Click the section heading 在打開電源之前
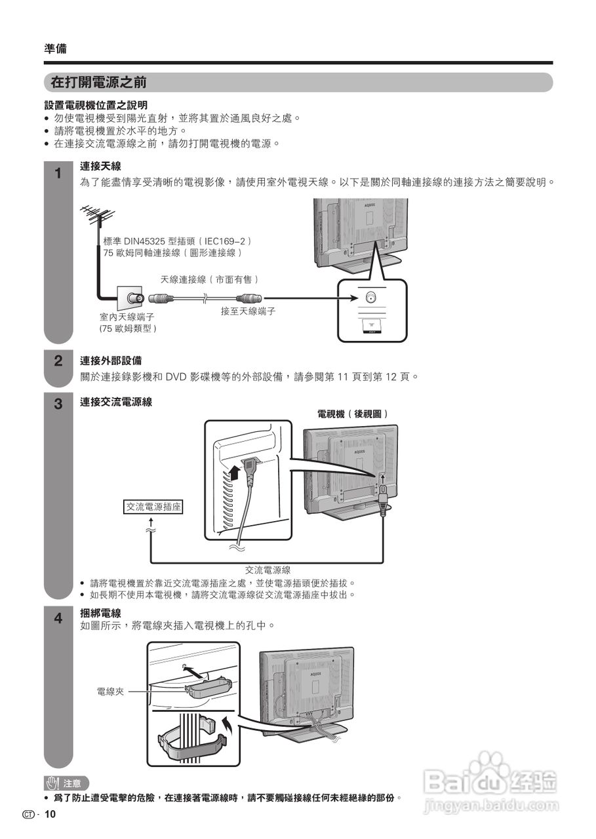tap(98, 83)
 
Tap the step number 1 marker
tap(58, 174)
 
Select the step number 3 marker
tap(58, 404)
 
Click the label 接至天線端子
tap(248, 311)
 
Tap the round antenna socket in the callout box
tap(371, 297)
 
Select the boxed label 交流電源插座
tap(153, 507)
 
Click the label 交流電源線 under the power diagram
tap(268, 570)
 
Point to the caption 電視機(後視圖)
tap(353, 414)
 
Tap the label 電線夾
tap(110, 692)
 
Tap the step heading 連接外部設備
tap(111, 361)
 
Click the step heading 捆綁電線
tap(100, 613)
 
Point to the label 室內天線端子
tap(127, 317)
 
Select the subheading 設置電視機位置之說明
tap(96, 105)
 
